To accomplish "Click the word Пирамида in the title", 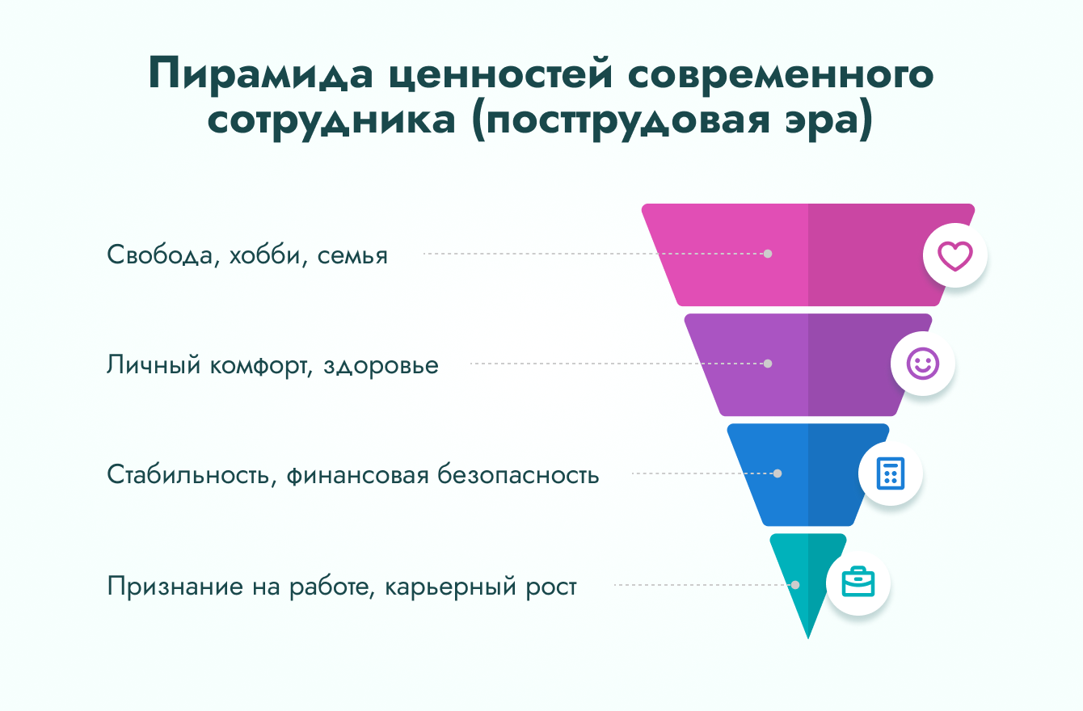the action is click(x=260, y=74).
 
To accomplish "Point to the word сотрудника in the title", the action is click(x=331, y=121).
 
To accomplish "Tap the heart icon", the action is click(x=954, y=255).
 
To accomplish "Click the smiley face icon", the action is click(x=922, y=364).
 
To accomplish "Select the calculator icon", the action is click(x=891, y=473).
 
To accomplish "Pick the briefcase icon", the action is click(x=858, y=582).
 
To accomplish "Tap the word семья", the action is click(x=352, y=255).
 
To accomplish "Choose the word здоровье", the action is click(x=381, y=366).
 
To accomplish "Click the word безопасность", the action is click(x=518, y=474).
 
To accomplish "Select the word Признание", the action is click(x=175, y=587).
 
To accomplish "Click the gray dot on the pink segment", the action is click(x=768, y=254).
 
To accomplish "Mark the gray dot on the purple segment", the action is click(x=768, y=364).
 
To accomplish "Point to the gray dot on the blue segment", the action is click(x=777, y=473).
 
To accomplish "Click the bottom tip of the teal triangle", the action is click(x=808, y=638).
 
